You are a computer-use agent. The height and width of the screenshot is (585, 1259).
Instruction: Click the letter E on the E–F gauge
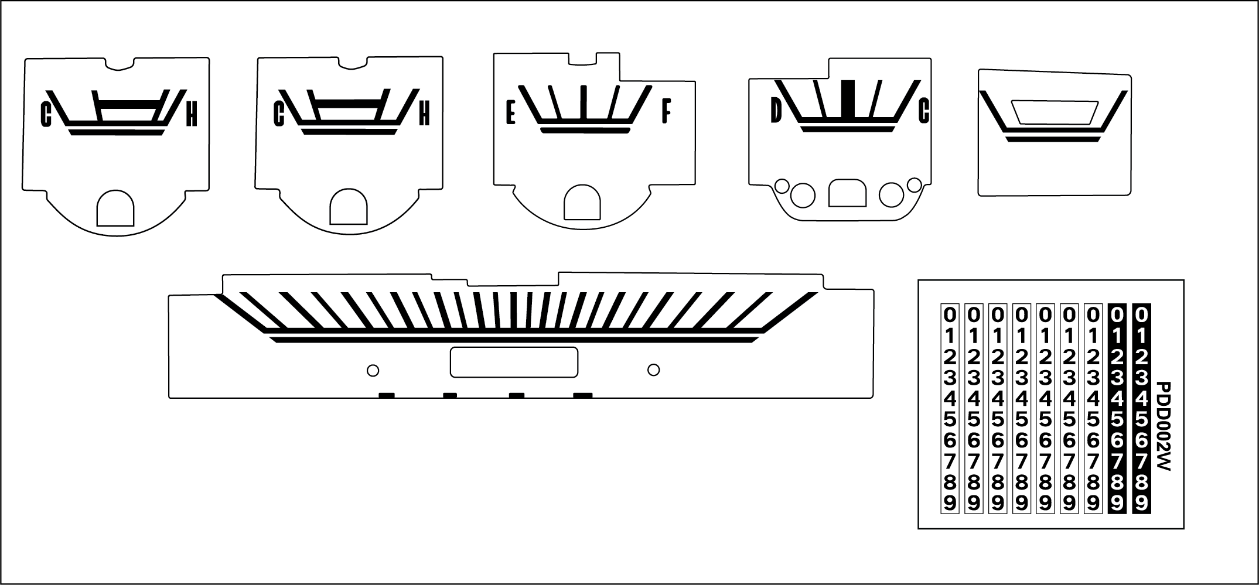tap(510, 112)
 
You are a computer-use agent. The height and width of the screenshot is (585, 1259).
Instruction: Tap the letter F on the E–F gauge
tap(666, 111)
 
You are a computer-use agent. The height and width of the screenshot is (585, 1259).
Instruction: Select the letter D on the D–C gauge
tap(776, 111)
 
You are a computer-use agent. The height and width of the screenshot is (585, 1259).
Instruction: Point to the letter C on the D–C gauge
tap(924, 111)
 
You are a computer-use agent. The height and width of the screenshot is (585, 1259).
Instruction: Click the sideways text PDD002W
tap(1162, 427)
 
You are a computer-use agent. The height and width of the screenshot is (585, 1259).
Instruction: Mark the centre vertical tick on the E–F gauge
tap(584, 102)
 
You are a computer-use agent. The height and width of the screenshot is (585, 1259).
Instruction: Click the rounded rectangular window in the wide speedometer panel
tap(514, 362)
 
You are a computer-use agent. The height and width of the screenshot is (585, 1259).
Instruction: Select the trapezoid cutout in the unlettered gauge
tap(1055, 112)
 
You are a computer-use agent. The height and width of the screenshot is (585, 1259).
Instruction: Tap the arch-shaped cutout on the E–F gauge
tap(582, 203)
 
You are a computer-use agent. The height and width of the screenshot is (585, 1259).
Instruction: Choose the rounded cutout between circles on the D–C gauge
tap(847, 193)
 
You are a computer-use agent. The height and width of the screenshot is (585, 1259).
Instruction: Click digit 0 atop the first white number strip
tap(950, 315)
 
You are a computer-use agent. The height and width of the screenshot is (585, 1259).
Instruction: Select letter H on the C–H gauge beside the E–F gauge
tap(424, 113)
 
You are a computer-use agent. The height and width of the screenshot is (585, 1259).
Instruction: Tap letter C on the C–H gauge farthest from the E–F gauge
tap(46, 114)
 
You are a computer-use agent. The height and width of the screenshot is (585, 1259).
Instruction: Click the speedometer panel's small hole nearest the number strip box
tap(654, 370)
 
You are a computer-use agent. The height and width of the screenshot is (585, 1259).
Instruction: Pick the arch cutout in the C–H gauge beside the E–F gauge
tap(349, 206)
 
